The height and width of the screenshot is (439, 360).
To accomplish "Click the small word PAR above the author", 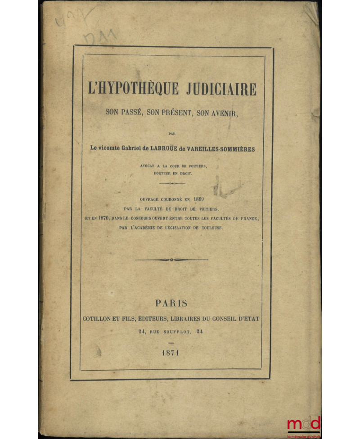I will click(x=171, y=134).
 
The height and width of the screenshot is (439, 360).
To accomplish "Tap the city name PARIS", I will click(x=171, y=304).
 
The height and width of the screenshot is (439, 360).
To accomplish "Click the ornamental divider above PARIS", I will click(x=171, y=260).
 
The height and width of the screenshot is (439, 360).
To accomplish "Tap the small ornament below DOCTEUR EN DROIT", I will click(x=171, y=184).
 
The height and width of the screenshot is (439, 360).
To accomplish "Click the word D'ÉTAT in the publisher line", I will click(x=247, y=318).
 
